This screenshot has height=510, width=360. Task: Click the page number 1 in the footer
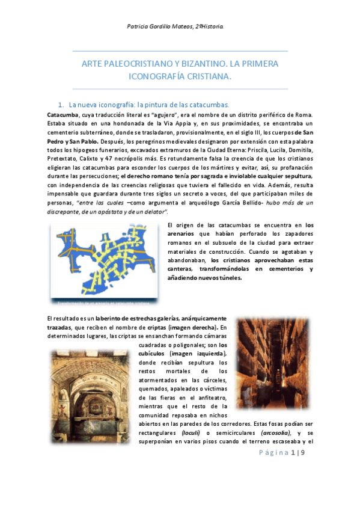[293, 453]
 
